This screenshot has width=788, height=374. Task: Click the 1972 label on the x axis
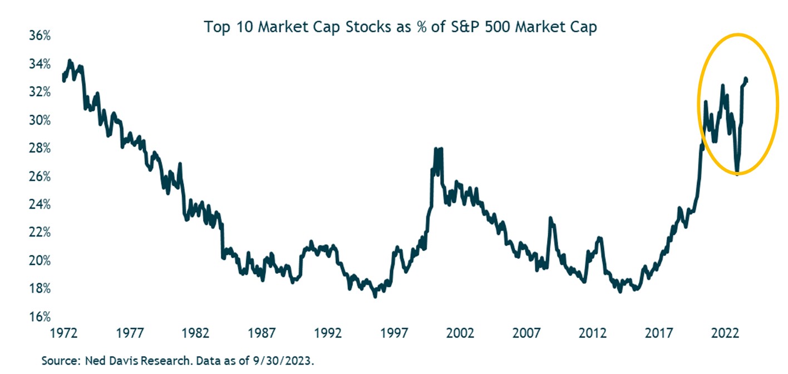click(63, 333)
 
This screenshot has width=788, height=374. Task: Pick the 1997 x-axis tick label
click(394, 333)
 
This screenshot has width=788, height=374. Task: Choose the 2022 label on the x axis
click(725, 333)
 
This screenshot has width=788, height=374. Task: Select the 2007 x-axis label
click(526, 333)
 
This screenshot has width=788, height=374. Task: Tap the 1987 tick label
click(262, 333)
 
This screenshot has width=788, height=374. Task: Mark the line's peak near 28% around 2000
click(435, 149)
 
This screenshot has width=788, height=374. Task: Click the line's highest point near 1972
click(69, 60)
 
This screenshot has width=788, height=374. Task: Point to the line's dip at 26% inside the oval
click(737, 173)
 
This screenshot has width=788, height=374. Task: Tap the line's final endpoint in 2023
click(746, 80)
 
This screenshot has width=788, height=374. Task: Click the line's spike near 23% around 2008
click(550, 218)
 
